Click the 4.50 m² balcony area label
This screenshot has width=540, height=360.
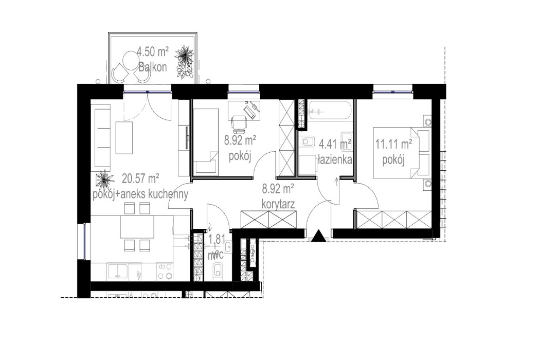pos(153,51)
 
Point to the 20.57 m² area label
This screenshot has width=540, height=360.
pos(140,179)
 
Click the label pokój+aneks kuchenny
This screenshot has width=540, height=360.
pos(140,194)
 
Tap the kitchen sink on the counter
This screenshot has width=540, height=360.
pos(118,271)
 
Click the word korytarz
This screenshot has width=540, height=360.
pos(277,204)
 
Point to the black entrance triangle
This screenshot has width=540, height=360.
pos(319,236)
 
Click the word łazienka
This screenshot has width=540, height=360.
pos(335,159)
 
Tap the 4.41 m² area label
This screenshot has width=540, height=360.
pos(335,143)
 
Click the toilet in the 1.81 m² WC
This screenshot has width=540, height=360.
pos(218,269)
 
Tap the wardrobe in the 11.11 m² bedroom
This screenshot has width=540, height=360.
pos(394,219)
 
